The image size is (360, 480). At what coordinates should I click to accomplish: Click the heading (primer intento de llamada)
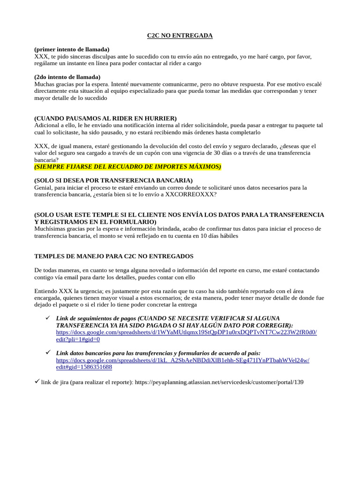[x=72, y=49]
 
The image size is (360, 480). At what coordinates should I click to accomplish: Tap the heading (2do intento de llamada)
[x=67, y=77]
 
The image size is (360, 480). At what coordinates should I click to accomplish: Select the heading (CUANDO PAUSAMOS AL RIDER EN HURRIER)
[x=105, y=119]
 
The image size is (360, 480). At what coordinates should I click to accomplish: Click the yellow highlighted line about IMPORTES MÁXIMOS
[x=127, y=167]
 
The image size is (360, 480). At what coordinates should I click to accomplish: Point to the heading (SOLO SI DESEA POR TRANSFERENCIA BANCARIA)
[x=113, y=180]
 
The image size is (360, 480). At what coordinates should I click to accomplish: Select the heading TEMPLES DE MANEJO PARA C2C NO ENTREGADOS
[x=114, y=256]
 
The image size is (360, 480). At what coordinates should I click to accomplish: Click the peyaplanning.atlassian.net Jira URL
[x=219, y=382]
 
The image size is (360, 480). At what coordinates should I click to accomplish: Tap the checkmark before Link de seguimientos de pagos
[x=47, y=318]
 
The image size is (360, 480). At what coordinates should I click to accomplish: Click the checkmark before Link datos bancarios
[x=47, y=352]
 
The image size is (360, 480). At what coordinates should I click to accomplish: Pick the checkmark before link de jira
[x=37, y=382]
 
